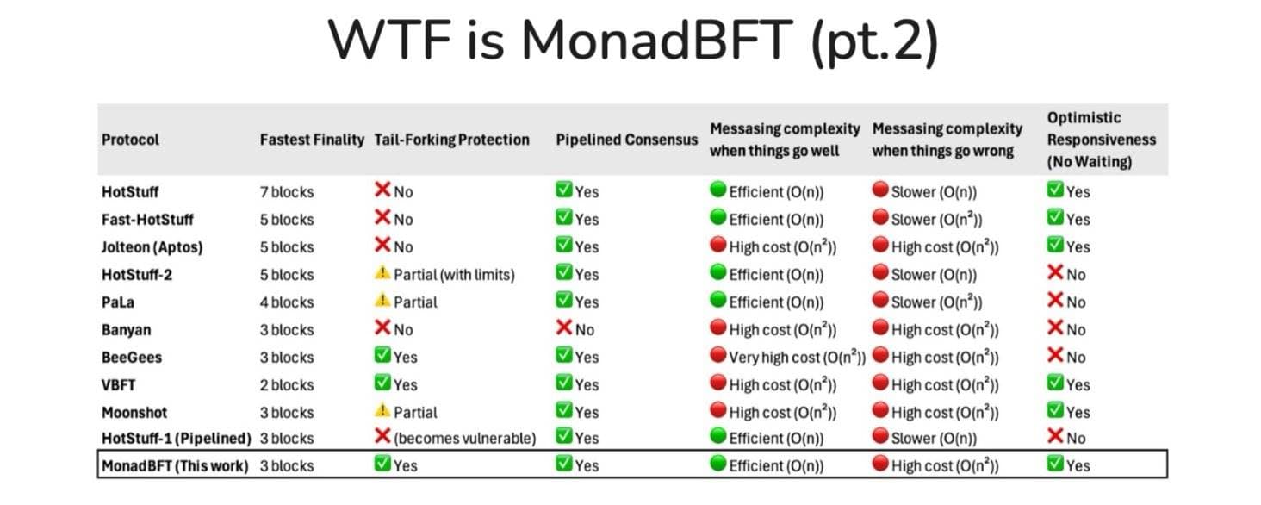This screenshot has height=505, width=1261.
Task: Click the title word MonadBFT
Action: (657, 41)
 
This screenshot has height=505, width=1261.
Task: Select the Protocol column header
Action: (130, 140)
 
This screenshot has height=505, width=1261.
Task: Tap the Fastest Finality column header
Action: (312, 140)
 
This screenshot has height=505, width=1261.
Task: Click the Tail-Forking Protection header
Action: (451, 140)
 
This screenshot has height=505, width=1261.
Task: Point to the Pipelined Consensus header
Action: (626, 140)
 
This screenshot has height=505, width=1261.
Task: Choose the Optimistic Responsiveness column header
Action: (1101, 140)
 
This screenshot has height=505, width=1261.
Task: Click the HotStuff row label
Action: (130, 191)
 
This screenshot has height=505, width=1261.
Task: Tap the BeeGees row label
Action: (131, 357)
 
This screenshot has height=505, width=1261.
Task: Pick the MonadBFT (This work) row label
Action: (175, 466)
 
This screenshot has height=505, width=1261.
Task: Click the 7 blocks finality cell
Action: (287, 191)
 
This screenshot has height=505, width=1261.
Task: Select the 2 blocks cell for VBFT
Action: (287, 384)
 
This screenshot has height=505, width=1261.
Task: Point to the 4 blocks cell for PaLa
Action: (287, 302)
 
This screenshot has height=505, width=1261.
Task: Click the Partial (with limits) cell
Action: (454, 274)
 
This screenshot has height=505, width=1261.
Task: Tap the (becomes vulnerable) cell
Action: (464, 439)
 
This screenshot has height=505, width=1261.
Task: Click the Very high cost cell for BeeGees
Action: (796, 357)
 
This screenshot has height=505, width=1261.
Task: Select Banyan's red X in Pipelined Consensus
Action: (564, 328)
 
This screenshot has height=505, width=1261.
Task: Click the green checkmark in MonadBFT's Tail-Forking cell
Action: (383, 464)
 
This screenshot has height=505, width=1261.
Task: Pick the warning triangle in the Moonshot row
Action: (382, 411)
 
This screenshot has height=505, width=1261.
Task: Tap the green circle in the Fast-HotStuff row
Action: (717, 218)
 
